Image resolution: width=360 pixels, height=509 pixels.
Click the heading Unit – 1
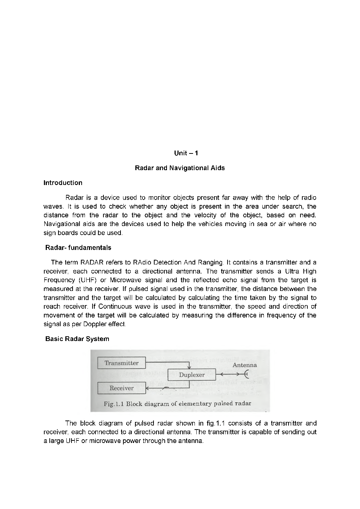click(x=186, y=153)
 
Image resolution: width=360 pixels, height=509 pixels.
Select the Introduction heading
click(x=63, y=183)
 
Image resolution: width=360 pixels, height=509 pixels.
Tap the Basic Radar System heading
click(x=77, y=339)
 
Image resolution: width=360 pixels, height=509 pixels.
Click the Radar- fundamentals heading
click(x=78, y=248)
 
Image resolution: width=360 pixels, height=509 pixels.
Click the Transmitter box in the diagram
click(x=121, y=363)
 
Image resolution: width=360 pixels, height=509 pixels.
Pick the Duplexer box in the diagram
click(x=192, y=375)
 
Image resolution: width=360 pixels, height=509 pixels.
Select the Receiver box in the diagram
click(x=121, y=388)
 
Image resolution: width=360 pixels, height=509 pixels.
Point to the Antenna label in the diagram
click(x=244, y=365)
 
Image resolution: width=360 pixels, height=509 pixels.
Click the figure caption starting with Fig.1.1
click(x=177, y=403)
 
